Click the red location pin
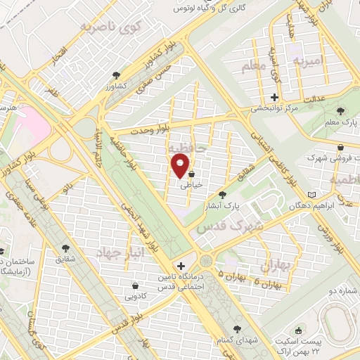181,166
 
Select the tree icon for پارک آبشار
223,195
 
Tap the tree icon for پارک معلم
340,112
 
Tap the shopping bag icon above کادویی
134,285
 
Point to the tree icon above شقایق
66,247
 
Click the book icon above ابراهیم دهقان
312,194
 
